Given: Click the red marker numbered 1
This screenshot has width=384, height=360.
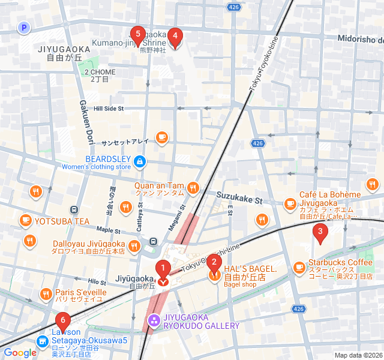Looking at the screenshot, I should click(162, 269).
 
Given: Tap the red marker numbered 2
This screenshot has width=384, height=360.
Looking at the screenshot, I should click(214, 263).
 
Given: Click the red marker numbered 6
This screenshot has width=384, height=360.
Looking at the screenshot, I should click(62, 322).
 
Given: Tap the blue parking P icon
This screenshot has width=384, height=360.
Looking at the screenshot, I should click(23, 27).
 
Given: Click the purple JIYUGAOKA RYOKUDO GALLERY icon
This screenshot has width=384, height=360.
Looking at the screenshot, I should click(154, 320).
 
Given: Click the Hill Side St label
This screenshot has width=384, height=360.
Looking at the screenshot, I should click(109, 109).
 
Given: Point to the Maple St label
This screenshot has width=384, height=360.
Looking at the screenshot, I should click(108, 230).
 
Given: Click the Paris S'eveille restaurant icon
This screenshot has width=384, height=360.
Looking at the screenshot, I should click(46, 293).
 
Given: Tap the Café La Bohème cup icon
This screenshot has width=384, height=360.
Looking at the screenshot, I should click(290, 203).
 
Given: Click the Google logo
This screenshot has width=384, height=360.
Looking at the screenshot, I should click(20, 353).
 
